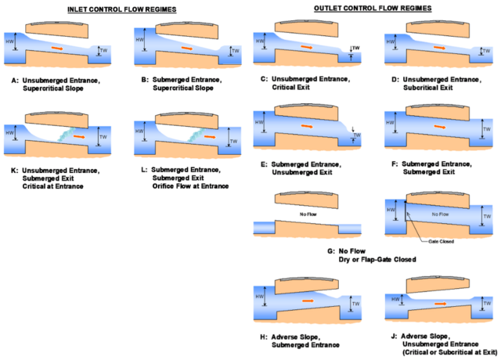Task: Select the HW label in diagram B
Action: click(x=139, y=41)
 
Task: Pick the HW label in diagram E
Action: click(x=261, y=121)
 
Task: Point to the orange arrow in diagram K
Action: click(x=77, y=136)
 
